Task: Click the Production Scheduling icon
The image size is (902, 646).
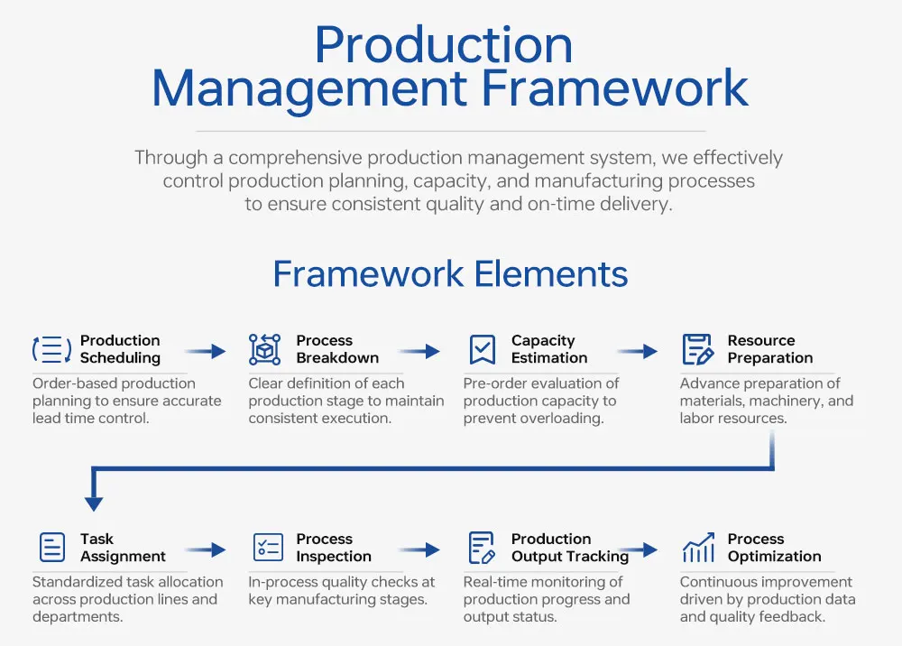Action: coord(51,349)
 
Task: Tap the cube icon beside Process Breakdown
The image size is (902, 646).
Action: coord(265,349)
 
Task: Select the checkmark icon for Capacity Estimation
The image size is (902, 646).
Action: coord(483,349)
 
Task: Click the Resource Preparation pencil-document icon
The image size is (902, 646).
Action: coord(697,349)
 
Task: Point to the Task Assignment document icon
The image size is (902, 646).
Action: coord(52,548)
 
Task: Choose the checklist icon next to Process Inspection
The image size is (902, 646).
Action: coord(268,548)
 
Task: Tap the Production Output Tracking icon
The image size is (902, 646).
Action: coord(483,548)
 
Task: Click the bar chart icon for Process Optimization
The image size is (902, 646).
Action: coord(698,547)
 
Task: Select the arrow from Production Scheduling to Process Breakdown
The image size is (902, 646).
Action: coord(205,351)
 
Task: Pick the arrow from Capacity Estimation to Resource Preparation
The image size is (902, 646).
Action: coord(638,351)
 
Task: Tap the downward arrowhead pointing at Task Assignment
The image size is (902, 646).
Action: coord(93,503)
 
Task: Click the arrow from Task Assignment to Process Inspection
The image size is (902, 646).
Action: coord(205,549)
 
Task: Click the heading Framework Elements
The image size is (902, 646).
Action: coord(450,273)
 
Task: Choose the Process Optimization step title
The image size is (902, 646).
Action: coord(774,548)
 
